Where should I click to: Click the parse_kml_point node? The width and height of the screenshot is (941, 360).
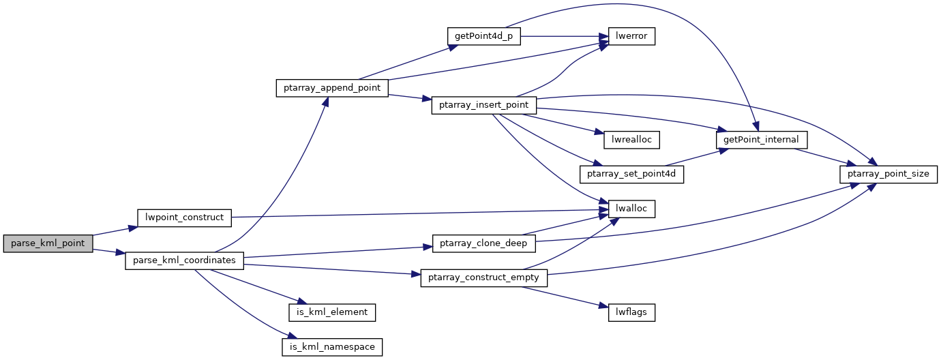click(47, 244)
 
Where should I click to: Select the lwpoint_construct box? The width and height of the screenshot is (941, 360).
click(185, 217)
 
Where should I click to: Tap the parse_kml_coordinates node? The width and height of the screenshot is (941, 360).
click(184, 260)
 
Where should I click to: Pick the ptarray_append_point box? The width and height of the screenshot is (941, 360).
click(332, 88)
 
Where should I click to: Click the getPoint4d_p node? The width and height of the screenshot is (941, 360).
click(483, 36)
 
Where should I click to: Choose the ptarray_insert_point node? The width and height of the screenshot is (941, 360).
click(484, 106)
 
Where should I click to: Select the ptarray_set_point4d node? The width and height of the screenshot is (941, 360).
click(631, 174)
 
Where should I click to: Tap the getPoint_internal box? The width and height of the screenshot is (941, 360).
click(762, 140)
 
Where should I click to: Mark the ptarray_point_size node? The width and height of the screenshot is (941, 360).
click(888, 174)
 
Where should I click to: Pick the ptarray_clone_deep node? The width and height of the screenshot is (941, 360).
click(484, 243)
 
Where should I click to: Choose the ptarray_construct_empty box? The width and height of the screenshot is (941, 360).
click(484, 277)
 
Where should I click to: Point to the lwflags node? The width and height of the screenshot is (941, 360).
click(631, 312)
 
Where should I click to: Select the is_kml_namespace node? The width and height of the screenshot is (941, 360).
click(332, 346)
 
